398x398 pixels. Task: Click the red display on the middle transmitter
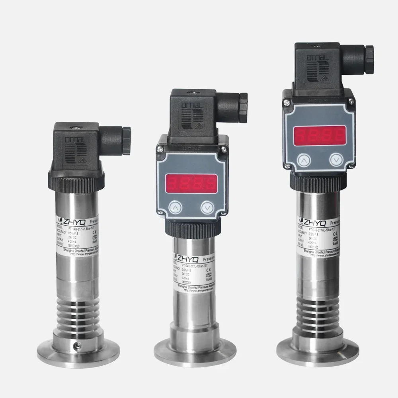click(x=191, y=183)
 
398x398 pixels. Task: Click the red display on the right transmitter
click(x=319, y=136)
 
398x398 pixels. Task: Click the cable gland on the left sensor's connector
click(x=126, y=140)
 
